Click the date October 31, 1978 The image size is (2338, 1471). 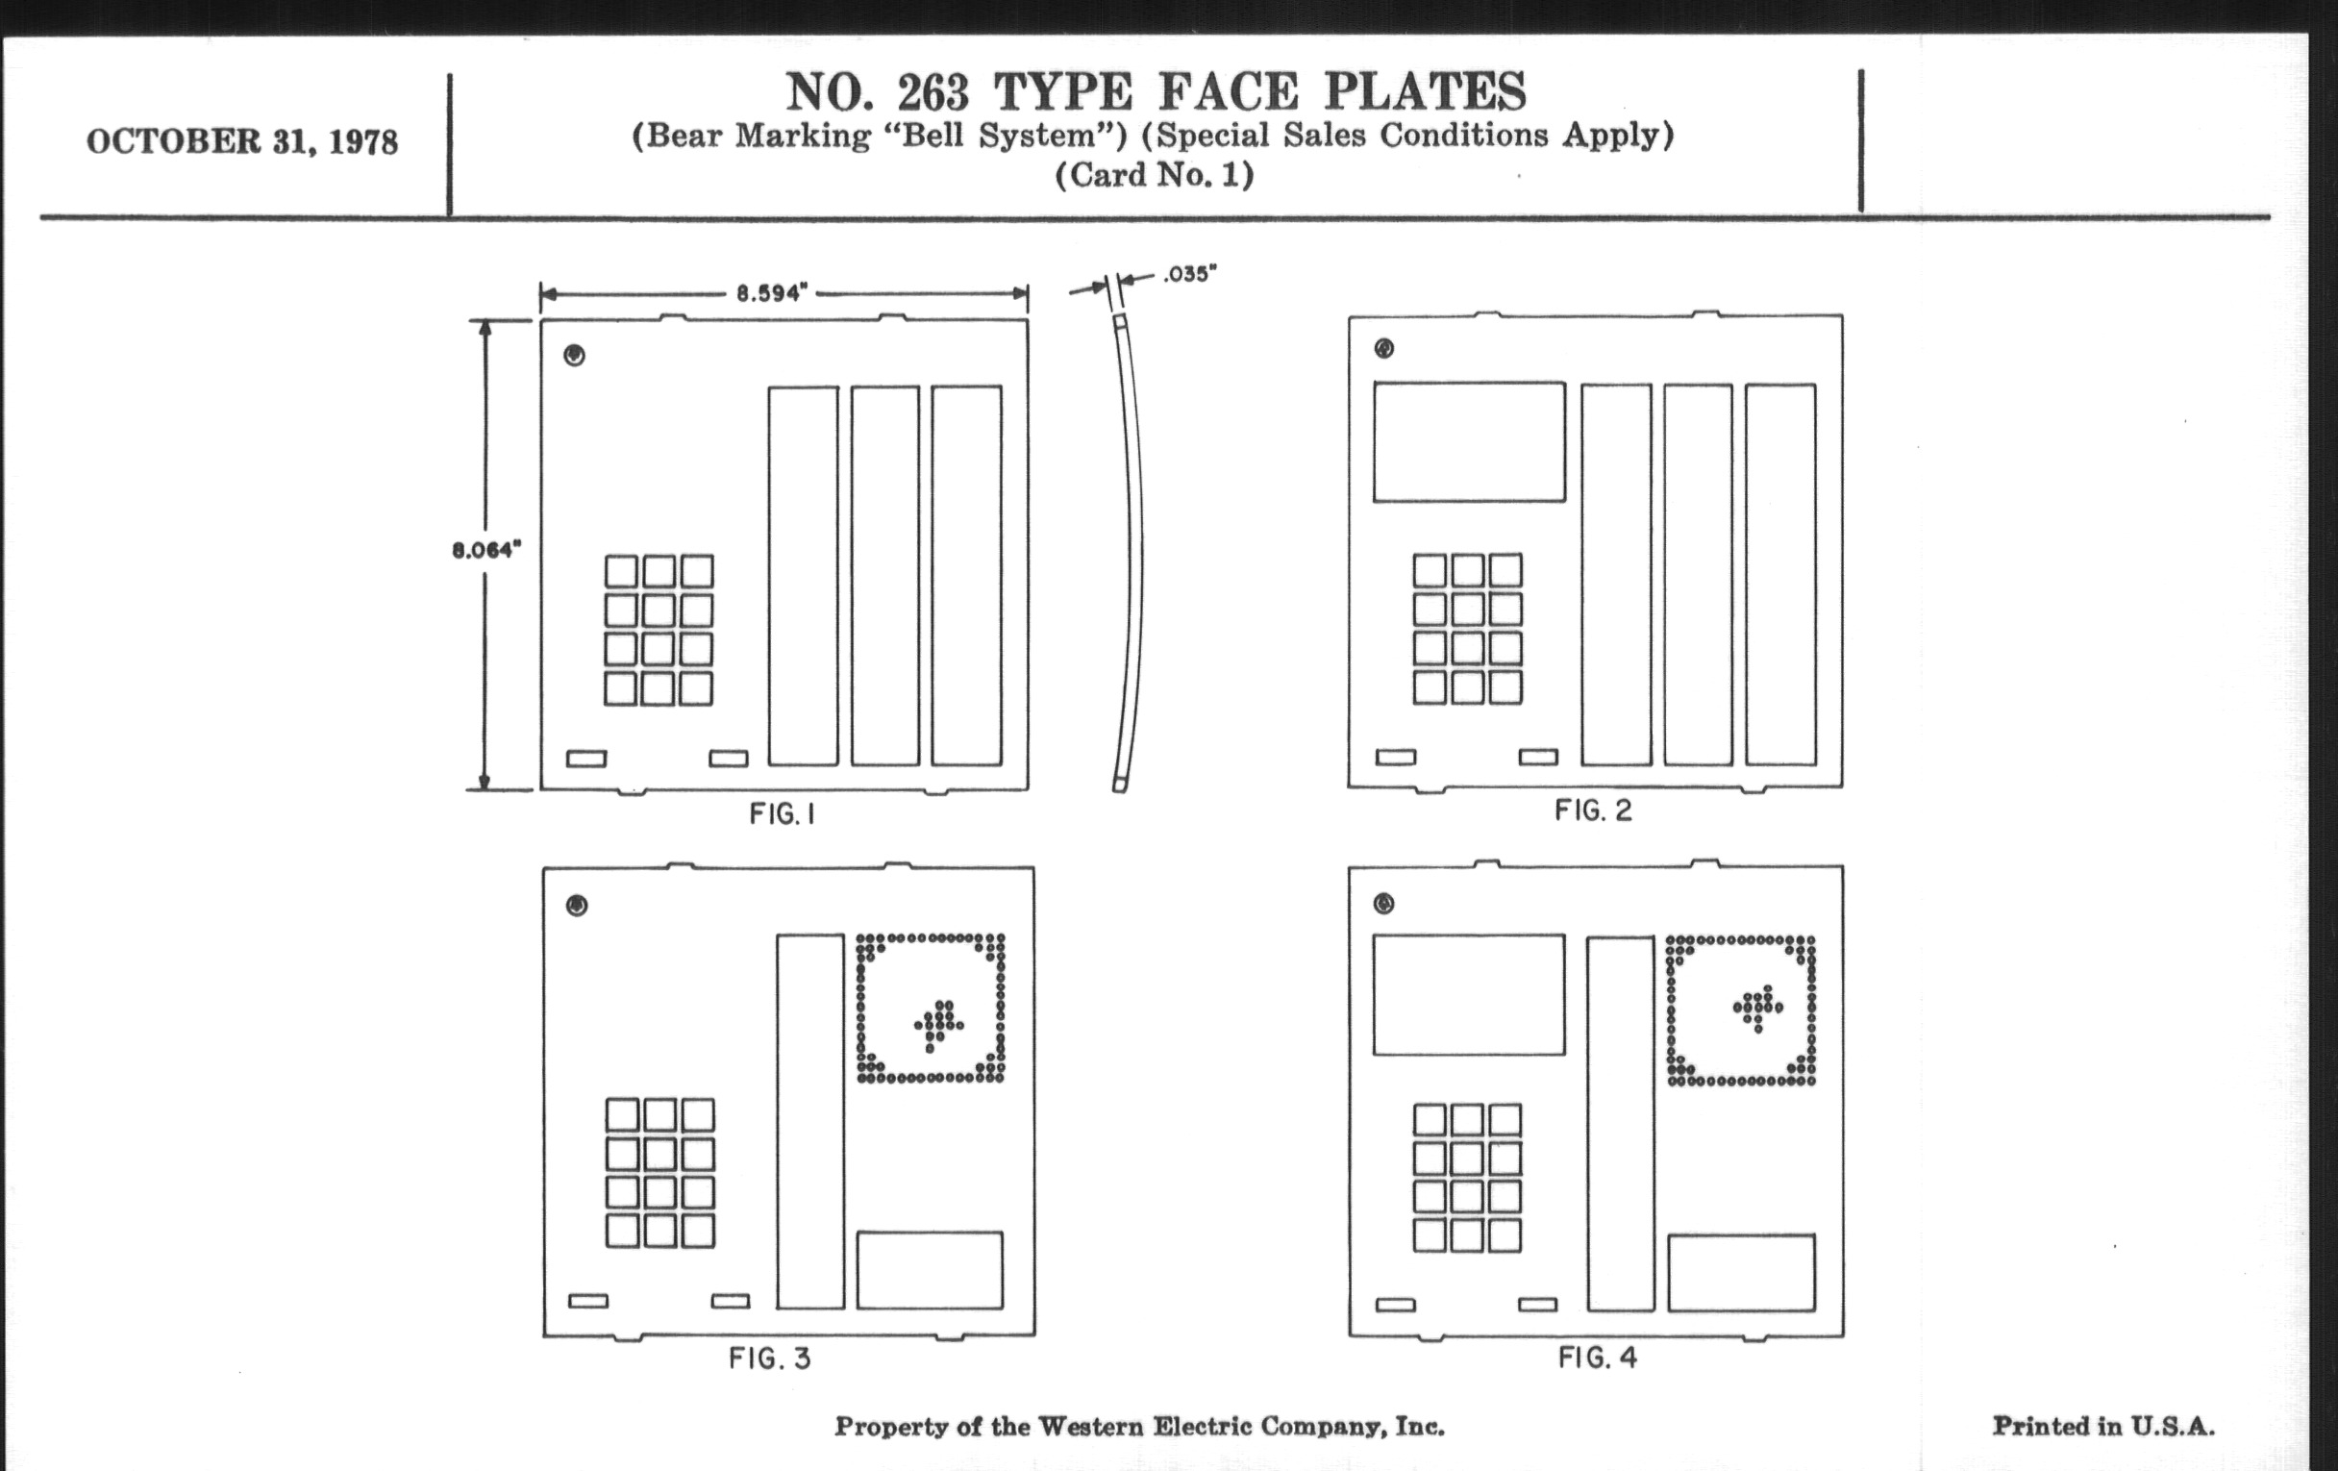[x=241, y=141]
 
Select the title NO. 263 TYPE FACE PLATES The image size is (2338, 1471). [x=1156, y=92]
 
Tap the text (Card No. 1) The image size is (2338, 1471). [x=1155, y=175]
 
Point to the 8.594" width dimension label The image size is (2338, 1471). [x=772, y=292]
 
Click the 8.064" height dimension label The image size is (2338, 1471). [x=486, y=551]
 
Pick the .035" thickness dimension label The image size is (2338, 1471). [x=1189, y=274]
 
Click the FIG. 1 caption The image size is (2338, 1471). [x=782, y=813]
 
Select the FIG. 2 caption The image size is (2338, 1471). [x=1593, y=810]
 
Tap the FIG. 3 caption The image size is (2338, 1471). [x=770, y=1358]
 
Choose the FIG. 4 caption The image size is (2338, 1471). [x=1598, y=1357]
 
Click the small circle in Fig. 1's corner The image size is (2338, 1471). [x=575, y=356]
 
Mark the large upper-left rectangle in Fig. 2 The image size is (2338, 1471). [x=1469, y=442]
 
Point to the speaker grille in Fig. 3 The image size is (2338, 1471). [x=931, y=1008]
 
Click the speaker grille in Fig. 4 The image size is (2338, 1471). [x=1741, y=1010]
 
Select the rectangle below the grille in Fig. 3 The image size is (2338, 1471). [x=931, y=1270]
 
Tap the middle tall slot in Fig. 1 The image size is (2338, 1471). [x=885, y=576]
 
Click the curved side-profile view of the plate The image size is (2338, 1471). [x=1131, y=553]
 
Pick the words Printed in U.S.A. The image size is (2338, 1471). [x=2103, y=1426]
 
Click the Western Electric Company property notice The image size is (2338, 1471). [x=1139, y=1426]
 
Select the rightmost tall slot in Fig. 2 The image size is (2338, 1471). [x=1780, y=575]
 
